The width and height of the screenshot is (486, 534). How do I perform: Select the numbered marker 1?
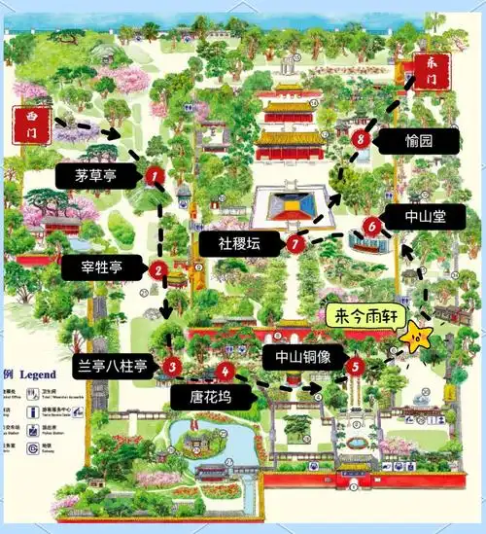click(153, 175)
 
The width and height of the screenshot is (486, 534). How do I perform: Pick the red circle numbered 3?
click(171, 367)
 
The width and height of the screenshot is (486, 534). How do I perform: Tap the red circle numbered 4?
click(226, 371)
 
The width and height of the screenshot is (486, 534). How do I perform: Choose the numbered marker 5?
click(355, 366)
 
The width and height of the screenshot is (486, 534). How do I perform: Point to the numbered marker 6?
click(371, 226)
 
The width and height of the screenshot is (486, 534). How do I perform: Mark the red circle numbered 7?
click(295, 243)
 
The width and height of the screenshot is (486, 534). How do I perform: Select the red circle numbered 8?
click(362, 139)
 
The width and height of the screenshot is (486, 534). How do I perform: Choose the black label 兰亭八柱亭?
click(114, 367)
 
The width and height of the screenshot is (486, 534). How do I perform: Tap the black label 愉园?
click(419, 140)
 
